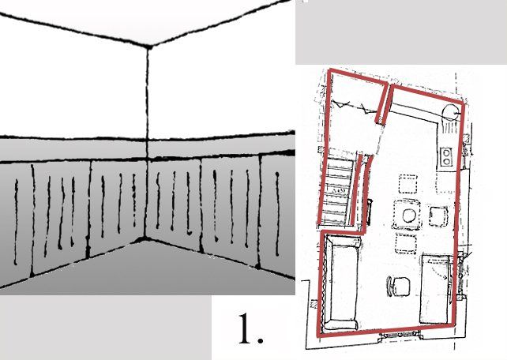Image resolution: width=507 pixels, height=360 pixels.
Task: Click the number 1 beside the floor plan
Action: click(250, 328)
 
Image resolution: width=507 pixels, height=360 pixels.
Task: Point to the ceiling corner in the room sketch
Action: click(149, 47)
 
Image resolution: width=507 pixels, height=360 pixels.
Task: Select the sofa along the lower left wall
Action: click(341, 282)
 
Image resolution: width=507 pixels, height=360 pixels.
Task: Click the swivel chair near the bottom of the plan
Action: click(398, 287)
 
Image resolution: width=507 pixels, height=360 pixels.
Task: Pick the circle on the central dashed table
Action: click(409, 216)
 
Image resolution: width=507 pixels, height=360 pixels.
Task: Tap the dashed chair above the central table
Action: click(407, 184)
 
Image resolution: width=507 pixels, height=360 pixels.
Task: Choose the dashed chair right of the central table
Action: click(438, 216)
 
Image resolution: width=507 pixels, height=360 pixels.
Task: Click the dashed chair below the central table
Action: click(405, 244)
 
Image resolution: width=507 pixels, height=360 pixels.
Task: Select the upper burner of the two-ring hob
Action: click(447, 152)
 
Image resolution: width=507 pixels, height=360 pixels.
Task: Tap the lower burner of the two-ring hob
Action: click(447, 161)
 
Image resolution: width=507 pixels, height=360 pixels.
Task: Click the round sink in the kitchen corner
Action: click(450, 113)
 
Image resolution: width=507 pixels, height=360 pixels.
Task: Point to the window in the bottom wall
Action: click(400, 336)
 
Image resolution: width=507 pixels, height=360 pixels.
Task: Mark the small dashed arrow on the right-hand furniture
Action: click(441, 273)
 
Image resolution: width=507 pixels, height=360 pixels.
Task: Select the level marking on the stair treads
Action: click(340, 191)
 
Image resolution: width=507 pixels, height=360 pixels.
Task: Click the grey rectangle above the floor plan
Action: click(401, 32)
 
